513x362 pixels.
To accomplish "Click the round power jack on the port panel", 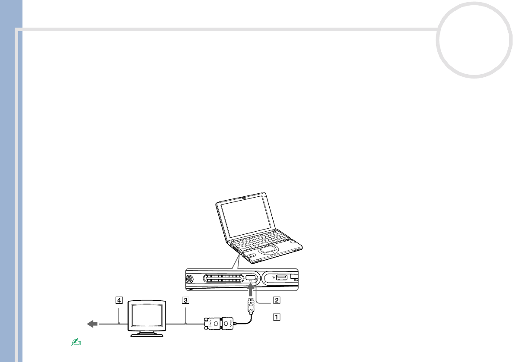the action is (189, 279).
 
